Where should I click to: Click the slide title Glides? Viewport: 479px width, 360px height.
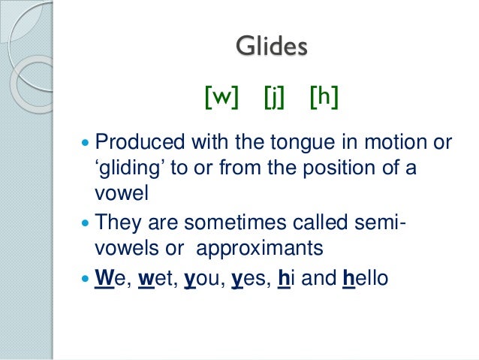(x=271, y=47)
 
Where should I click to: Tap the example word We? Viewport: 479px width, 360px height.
(x=107, y=279)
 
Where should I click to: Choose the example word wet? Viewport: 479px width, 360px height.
(x=152, y=279)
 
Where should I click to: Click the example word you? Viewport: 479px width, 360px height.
(x=199, y=279)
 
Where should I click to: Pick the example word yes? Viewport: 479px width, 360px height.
(x=249, y=279)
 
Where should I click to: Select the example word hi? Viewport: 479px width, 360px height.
(x=285, y=279)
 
